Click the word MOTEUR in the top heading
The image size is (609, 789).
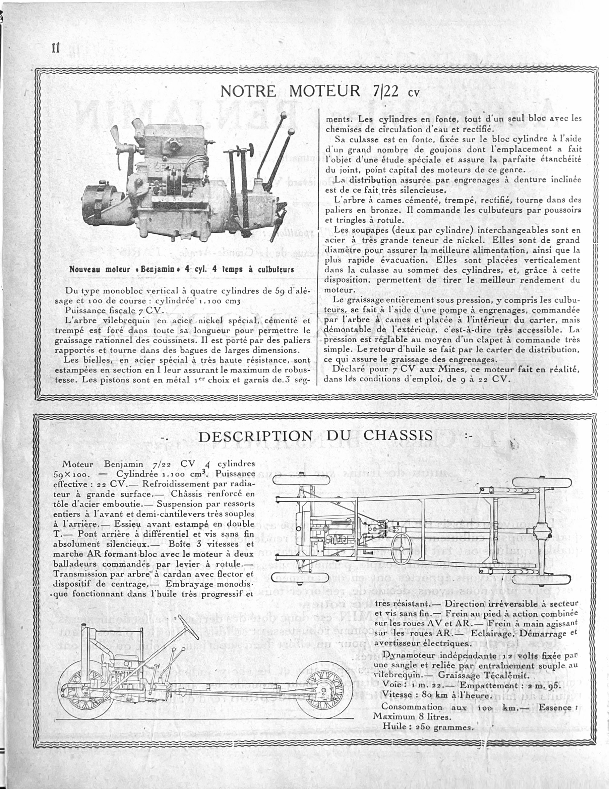pos(325,91)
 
